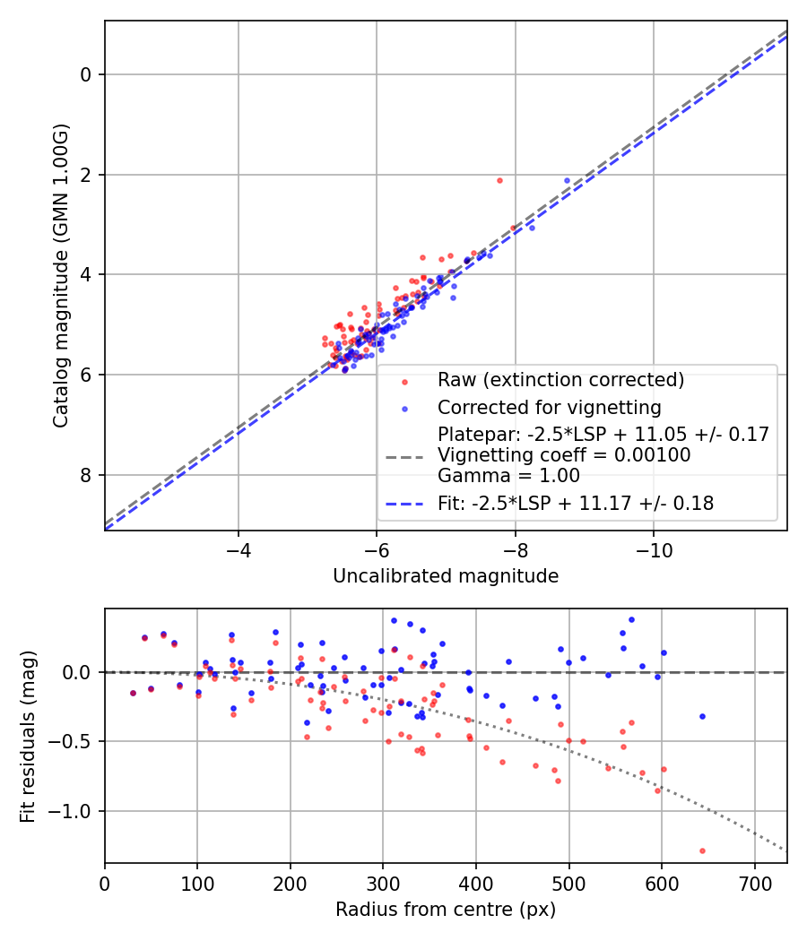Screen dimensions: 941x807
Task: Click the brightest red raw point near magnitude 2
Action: [x=499, y=180]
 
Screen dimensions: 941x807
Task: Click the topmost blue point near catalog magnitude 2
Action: [x=567, y=180]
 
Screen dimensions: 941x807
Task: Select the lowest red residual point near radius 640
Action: [x=702, y=850]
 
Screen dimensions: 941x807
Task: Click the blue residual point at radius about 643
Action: [x=702, y=716]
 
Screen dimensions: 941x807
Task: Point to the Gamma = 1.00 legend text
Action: [x=508, y=476]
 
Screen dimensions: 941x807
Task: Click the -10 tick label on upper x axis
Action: [x=653, y=548]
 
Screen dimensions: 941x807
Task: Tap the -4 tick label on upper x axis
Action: [x=238, y=548]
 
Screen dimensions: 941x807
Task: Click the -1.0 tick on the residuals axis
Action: [x=75, y=811]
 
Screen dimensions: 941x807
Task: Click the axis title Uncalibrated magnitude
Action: [x=446, y=576]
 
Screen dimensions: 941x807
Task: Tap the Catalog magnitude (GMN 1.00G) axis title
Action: [x=60, y=275]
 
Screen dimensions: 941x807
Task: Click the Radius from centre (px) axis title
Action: [x=446, y=911]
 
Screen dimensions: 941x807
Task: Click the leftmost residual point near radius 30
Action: [x=133, y=693]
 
